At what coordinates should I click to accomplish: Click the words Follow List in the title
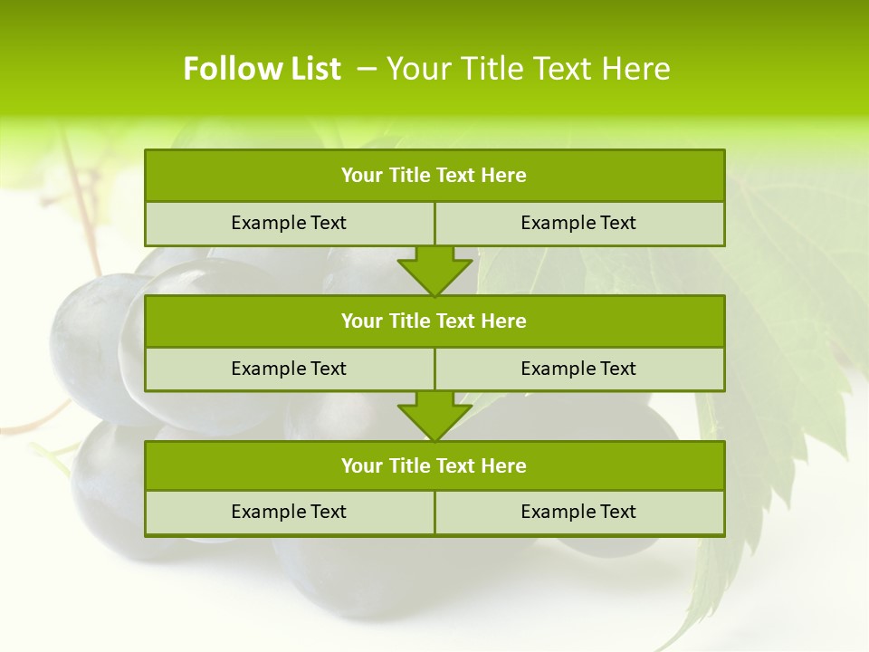coord(262,69)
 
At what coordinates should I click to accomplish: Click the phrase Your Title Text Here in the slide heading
coord(529,69)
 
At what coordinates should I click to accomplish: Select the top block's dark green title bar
coord(434,176)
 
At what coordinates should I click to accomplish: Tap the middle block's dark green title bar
coord(434,321)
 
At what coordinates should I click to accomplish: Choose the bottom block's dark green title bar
coord(434,465)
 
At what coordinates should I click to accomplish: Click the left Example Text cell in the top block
coord(289,223)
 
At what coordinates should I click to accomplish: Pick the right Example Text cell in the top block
coord(578,223)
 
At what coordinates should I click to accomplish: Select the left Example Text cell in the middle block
coord(289,369)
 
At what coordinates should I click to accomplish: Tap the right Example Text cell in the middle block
coord(578,369)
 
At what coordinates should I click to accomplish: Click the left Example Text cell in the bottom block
coord(289,512)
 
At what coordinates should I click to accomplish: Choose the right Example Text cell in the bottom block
coord(578,512)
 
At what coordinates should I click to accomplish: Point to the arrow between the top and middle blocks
coord(434,271)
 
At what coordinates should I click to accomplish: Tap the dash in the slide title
coord(367,69)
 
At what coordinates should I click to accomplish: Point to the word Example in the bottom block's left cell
coord(267,512)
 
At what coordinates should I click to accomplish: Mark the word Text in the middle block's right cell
coord(617,369)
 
